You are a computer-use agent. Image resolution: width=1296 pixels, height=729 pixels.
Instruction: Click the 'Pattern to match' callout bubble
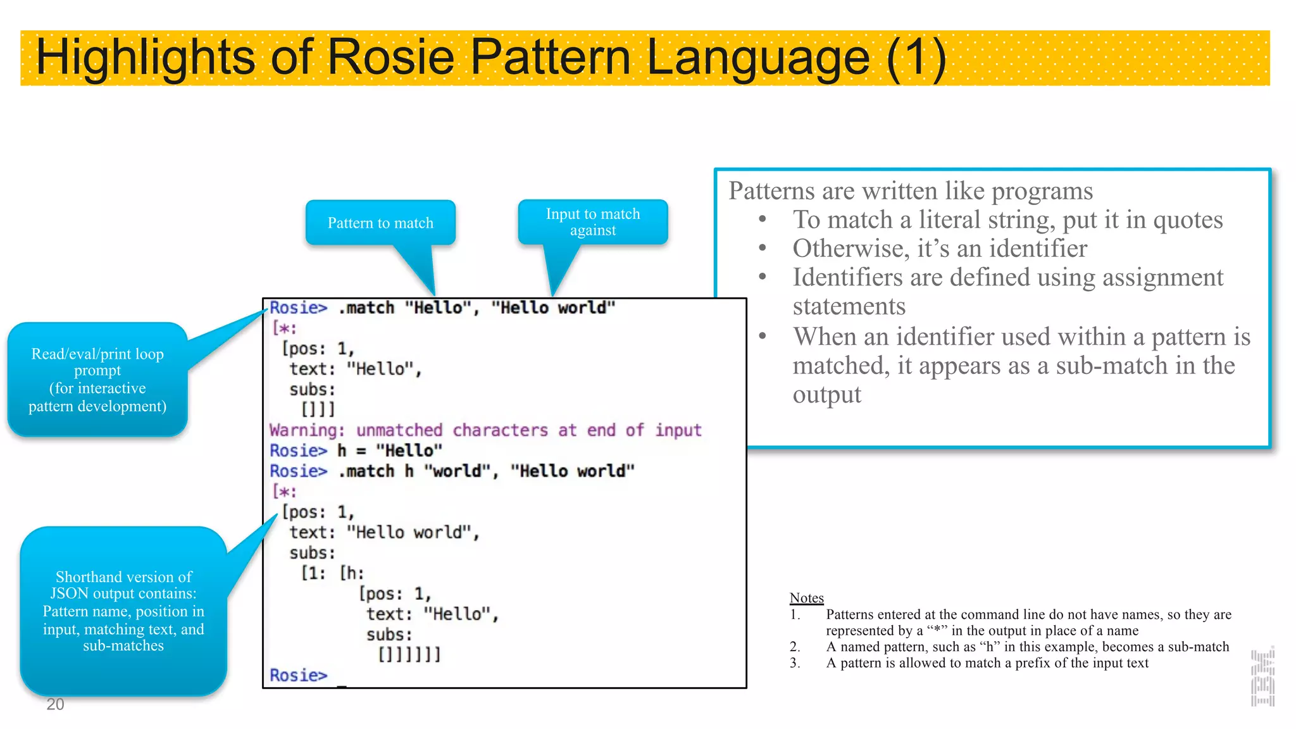tap(380, 223)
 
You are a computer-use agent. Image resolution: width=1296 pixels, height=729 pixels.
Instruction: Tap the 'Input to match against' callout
tap(593, 222)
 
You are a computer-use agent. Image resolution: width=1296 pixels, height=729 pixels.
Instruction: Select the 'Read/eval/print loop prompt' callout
tap(97, 380)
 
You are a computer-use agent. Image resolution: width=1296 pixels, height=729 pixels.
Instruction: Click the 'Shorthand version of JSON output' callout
tap(123, 611)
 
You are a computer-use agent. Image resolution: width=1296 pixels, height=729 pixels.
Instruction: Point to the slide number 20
tap(55, 704)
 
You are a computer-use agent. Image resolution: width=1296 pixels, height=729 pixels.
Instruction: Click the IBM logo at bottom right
tap(1262, 678)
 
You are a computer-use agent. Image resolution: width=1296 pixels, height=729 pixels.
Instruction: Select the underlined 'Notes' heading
tap(806, 598)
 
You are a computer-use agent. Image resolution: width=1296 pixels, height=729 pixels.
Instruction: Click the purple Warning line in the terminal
tap(485, 430)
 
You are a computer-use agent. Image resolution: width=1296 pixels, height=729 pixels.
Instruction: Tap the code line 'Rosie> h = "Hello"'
tap(356, 451)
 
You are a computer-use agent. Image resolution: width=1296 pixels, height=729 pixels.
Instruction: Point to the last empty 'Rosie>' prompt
tap(299, 675)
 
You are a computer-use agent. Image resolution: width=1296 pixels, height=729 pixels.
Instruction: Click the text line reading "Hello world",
tap(385, 533)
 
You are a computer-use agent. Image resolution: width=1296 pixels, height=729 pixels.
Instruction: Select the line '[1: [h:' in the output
tap(333, 573)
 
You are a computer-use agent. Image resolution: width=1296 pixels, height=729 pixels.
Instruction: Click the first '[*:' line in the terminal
tap(284, 328)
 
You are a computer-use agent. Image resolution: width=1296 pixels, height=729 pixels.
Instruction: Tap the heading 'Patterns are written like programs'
tap(911, 191)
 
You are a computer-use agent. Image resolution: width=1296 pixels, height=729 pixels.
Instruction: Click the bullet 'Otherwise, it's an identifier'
tap(940, 249)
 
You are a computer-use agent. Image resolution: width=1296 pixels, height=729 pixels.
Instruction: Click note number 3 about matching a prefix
tap(987, 663)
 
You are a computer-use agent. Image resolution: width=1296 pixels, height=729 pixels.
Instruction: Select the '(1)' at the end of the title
tap(915, 58)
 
